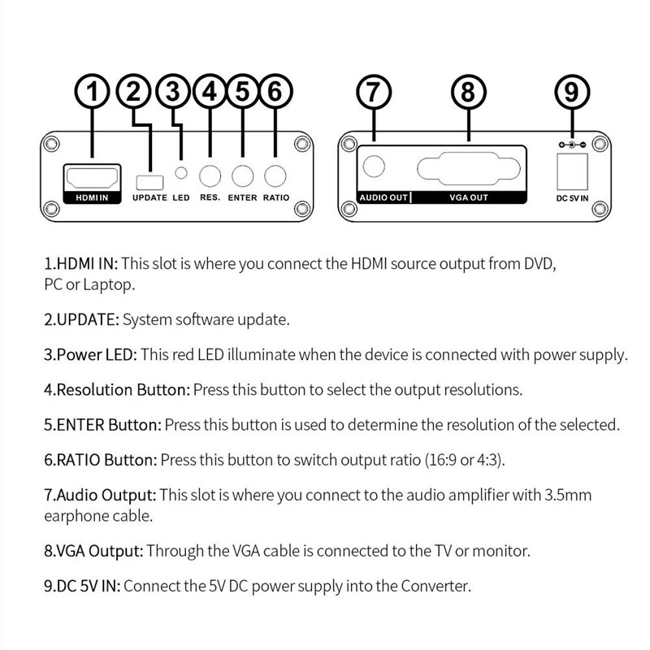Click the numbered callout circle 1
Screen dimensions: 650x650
[x=96, y=92]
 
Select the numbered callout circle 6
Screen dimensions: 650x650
[x=275, y=92]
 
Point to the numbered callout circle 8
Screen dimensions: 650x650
[x=467, y=92]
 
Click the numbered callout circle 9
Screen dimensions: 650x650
[x=572, y=92]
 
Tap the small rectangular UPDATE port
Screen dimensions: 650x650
[x=149, y=179]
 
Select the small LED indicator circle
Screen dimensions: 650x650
[x=182, y=173]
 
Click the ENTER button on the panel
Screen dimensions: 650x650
[x=242, y=175]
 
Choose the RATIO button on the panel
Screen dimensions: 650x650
[x=276, y=175]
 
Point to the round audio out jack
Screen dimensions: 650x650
[x=374, y=167]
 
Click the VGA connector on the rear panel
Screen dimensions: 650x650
[x=468, y=169]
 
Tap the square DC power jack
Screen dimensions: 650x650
[x=572, y=170]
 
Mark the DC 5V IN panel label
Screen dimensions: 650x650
[x=572, y=197]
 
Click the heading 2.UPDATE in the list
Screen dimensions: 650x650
[x=80, y=319]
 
